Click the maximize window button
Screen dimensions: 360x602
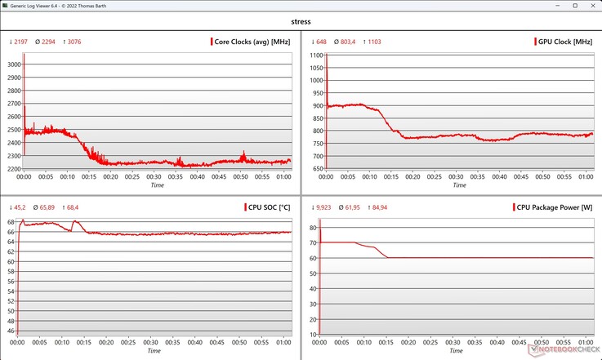[559, 6]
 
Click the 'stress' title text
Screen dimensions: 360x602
[301, 22]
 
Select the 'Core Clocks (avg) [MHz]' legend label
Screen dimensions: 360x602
[251, 42]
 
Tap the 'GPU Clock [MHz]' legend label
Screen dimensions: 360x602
[565, 42]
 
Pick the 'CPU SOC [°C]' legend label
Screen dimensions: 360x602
[268, 207]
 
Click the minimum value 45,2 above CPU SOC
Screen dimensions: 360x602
[19, 207]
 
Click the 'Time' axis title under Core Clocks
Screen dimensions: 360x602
[158, 186]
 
